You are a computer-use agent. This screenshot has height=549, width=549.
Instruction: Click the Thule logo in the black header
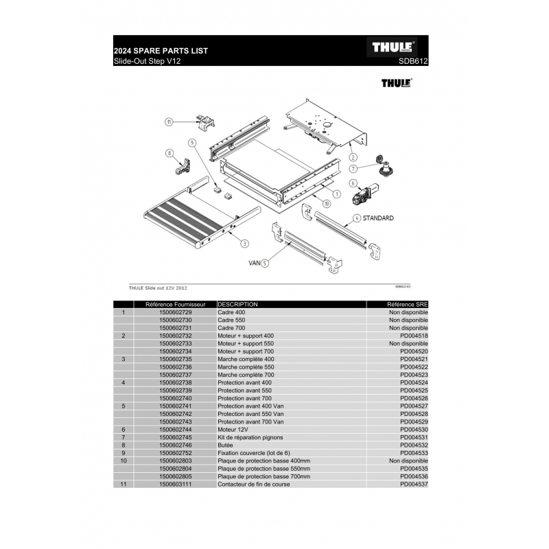392,47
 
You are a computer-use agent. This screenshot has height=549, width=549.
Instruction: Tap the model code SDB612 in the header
413,61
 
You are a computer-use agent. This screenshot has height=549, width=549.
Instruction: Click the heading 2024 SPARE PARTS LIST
161,51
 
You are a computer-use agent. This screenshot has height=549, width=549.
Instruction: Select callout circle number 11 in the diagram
169,122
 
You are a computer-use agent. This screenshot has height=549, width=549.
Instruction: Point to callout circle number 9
192,143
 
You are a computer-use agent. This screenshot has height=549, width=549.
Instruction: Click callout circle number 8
170,153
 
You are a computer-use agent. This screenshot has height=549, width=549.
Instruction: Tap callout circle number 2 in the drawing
353,157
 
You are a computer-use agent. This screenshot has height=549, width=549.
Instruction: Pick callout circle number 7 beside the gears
353,169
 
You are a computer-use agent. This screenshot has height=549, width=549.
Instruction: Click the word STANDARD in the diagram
378,218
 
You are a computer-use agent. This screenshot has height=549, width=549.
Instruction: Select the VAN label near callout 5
254,263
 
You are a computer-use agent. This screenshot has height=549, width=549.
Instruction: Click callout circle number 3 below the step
244,244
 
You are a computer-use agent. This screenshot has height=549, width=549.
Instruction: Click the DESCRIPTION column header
237,304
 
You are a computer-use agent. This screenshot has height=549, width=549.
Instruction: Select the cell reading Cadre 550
231,320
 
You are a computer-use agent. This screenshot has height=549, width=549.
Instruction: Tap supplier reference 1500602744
176,430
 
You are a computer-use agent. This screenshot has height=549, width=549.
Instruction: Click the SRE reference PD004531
414,437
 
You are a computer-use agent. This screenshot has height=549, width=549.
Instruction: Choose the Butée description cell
225,445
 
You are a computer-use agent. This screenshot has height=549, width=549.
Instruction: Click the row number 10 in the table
124,460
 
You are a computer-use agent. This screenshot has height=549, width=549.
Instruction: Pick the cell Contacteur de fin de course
254,484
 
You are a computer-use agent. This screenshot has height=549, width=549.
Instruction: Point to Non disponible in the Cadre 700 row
408,328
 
